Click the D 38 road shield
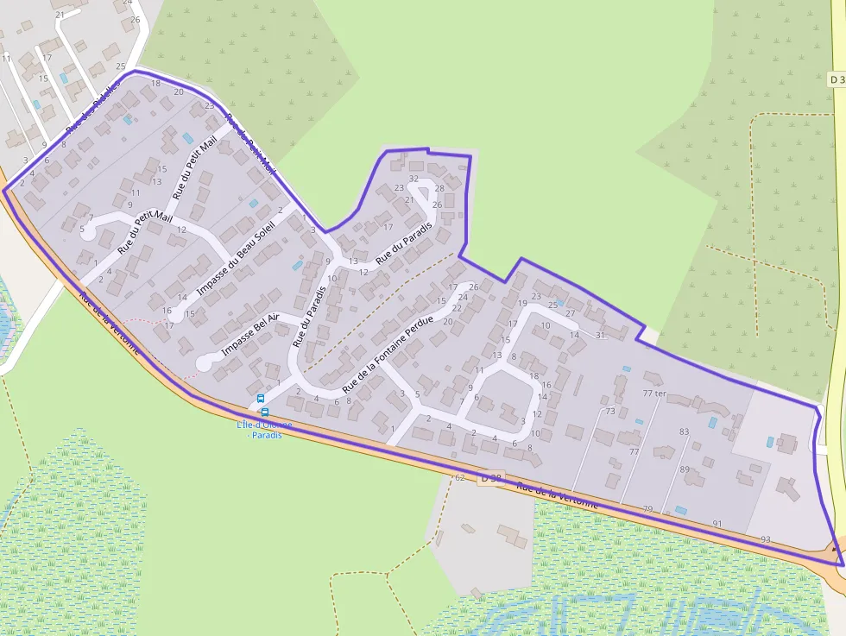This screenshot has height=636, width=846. [x=490, y=478]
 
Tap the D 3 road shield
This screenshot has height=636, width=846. [x=836, y=79]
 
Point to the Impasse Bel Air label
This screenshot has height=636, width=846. [x=250, y=336]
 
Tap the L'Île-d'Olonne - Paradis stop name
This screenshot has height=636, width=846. [x=264, y=430]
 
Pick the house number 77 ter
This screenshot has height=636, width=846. [x=655, y=394]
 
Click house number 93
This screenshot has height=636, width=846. [x=765, y=539]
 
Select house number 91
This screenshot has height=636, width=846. [x=717, y=524]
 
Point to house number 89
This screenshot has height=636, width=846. [x=685, y=469]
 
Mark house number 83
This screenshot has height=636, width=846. [x=685, y=431]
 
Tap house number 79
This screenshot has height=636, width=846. [x=647, y=509]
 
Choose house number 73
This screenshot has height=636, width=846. [x=610, y=412]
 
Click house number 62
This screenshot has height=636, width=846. [x=459, y=477]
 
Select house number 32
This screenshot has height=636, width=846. [x=414, y=179]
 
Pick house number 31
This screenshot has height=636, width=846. [x=600, y=335]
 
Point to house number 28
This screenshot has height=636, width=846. [x=439, y=188]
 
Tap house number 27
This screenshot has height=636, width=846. [x=570, y=313]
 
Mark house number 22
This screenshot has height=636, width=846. [x=459, y=306]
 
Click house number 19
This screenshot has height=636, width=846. [x=522, y=303]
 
